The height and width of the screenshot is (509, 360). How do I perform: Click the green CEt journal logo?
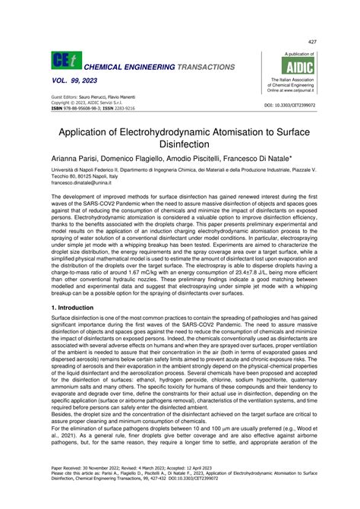[60, 62]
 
